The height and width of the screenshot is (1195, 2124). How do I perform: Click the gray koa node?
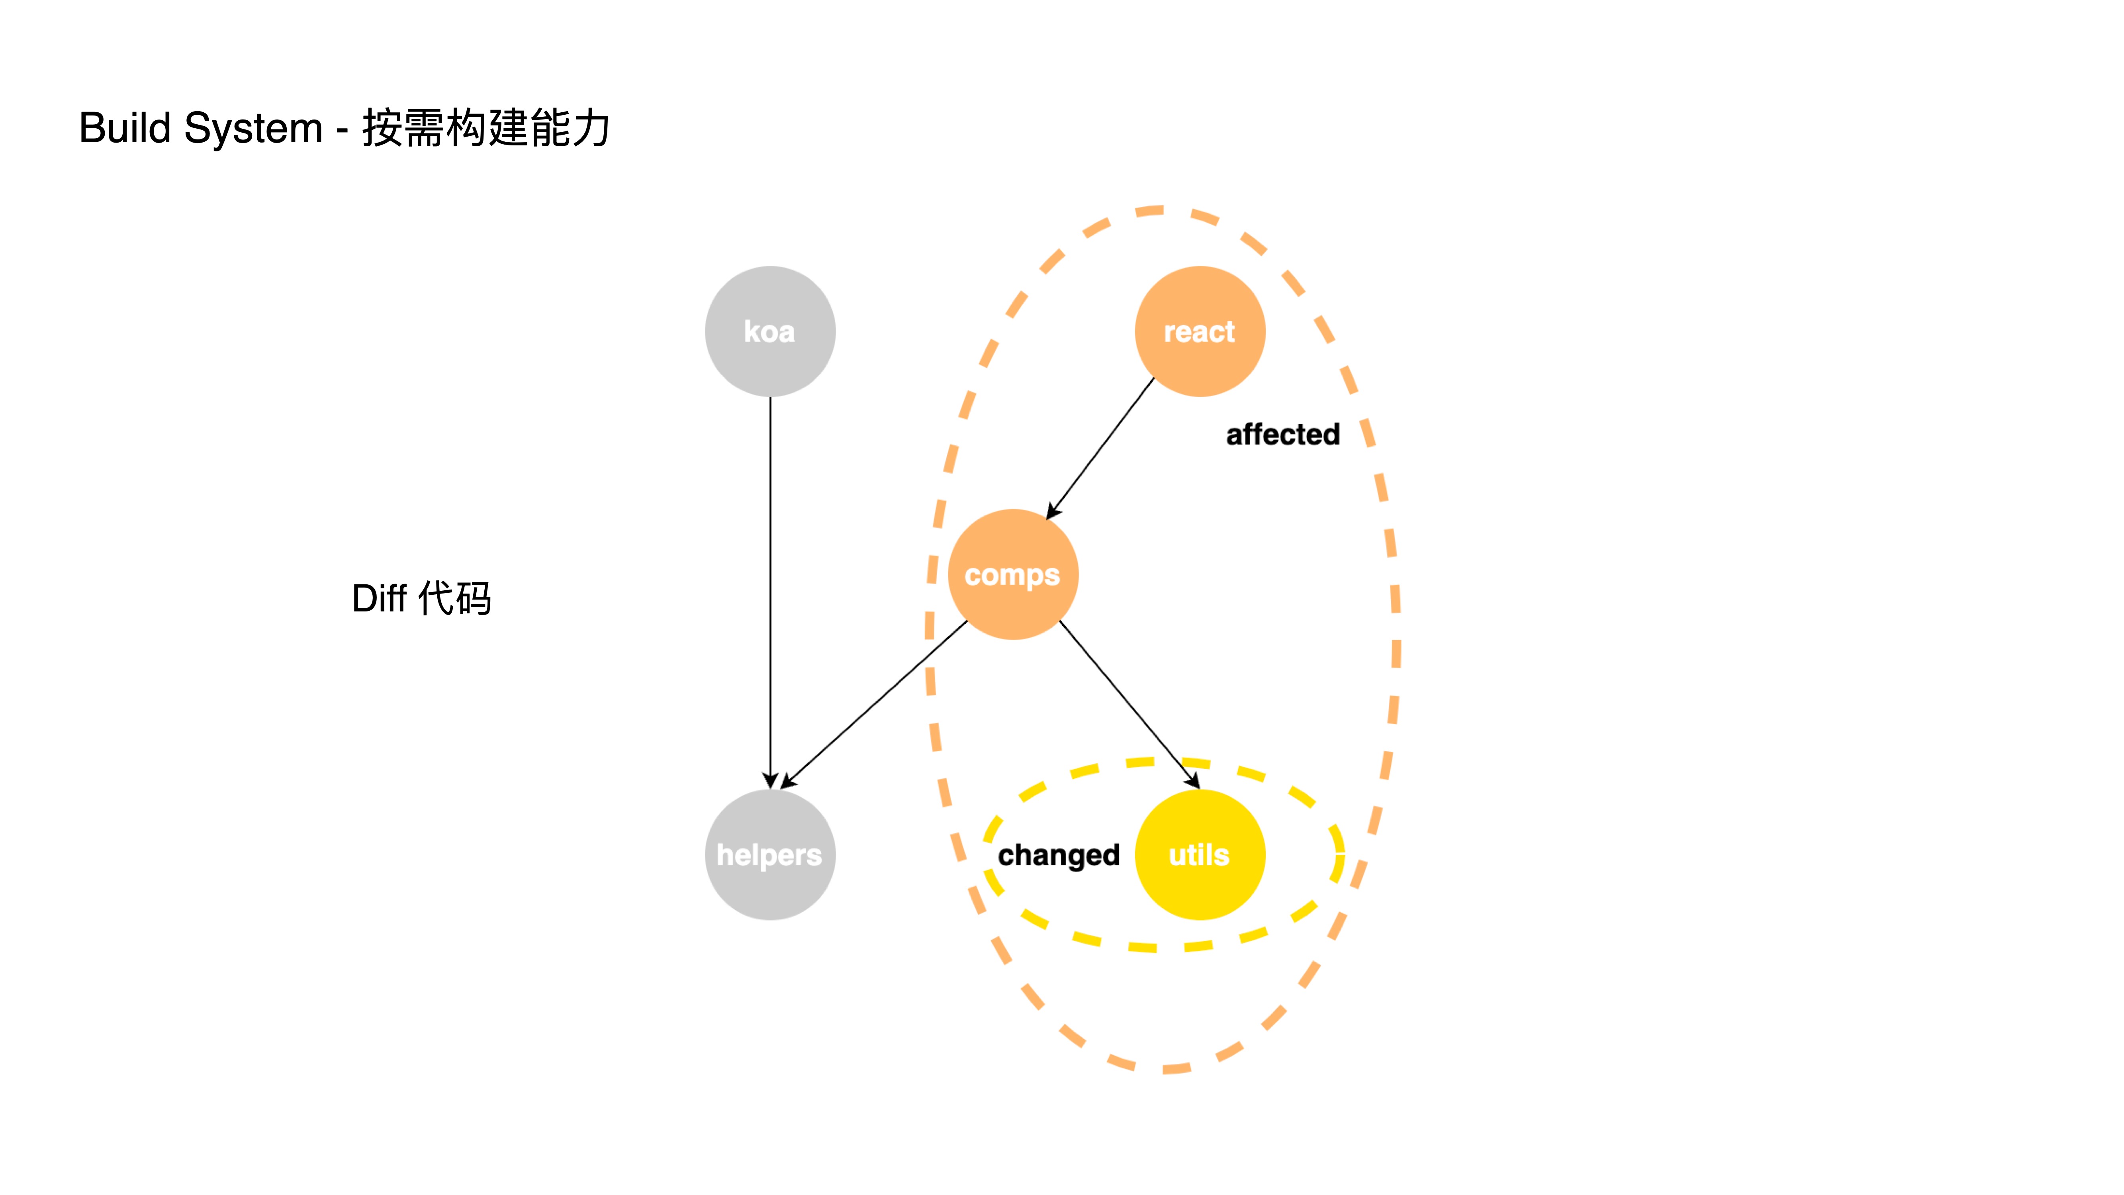pos(770,331)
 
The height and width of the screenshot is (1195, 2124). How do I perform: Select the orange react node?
pos(1200,331)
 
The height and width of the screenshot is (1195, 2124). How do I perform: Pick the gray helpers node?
pos(770,855)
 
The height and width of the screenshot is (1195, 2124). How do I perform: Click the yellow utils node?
pos(1200,855)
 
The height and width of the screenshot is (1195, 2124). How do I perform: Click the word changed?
pos(1059,855)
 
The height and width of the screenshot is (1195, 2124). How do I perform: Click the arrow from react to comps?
pos(1100,449)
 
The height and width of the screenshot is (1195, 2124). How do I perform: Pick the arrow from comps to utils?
pos(1130,705)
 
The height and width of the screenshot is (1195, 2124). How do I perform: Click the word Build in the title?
pos(125,129)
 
